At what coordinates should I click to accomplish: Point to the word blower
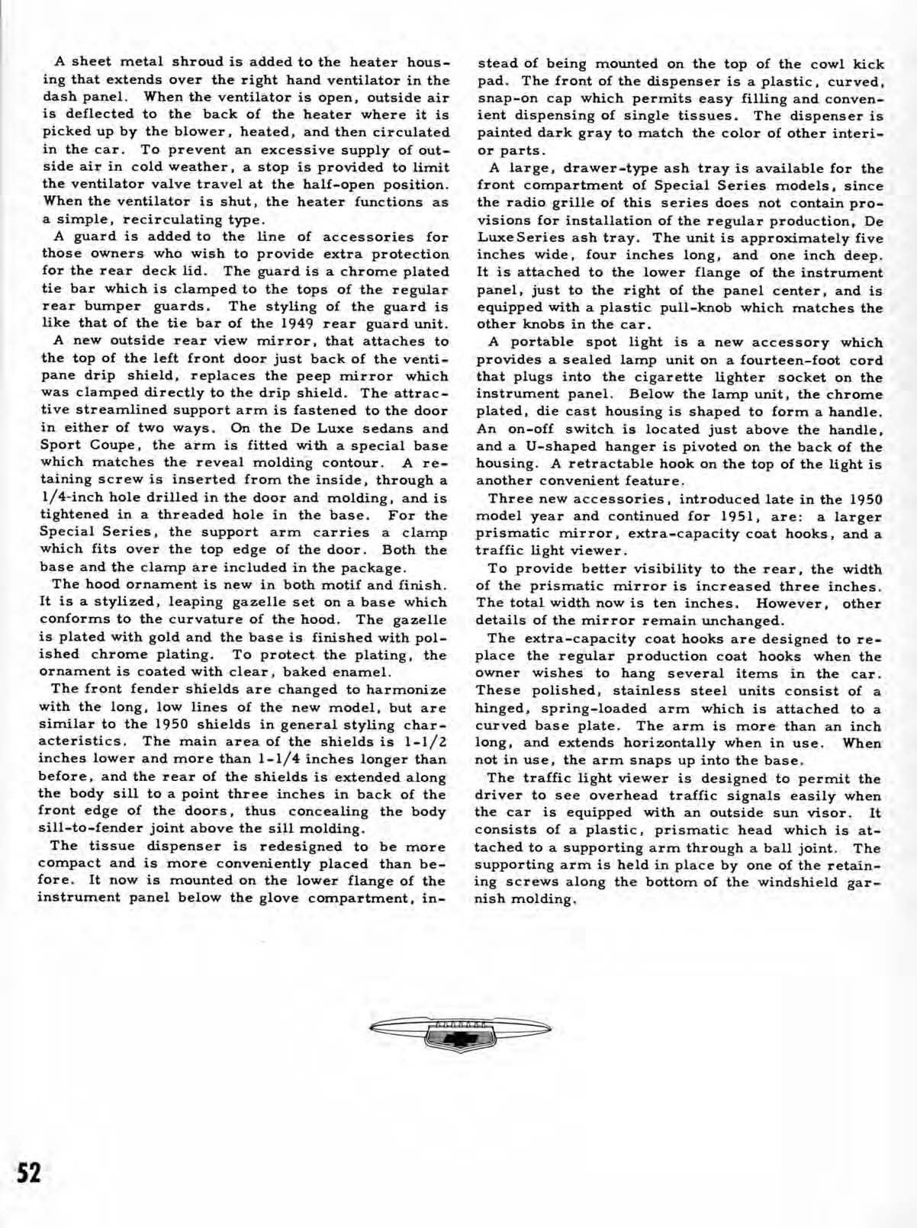(195, 131)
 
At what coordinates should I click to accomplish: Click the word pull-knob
(667, 308)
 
